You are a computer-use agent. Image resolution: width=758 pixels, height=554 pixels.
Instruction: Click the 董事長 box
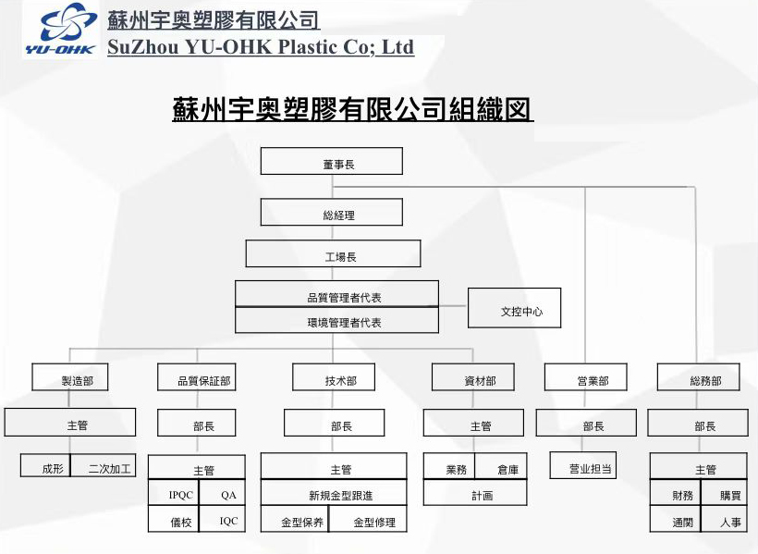point(331,162)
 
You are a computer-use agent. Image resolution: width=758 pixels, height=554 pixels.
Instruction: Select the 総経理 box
point(331,213)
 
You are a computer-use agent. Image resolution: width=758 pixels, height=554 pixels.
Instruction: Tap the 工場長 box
point(333,254)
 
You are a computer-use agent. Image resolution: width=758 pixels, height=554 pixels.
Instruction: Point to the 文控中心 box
point(515,309)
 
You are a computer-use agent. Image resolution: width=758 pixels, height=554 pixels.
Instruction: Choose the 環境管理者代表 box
point(336,321)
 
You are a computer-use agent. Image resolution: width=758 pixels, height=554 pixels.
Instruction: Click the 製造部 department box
point(70,377)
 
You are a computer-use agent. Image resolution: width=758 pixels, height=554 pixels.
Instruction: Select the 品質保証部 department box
point(196,377)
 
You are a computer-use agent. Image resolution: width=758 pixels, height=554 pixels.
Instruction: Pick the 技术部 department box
point(333,377)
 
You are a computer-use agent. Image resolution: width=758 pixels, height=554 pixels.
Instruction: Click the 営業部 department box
point(586,377)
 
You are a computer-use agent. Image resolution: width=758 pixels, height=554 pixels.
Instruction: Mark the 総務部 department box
point(699,377)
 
